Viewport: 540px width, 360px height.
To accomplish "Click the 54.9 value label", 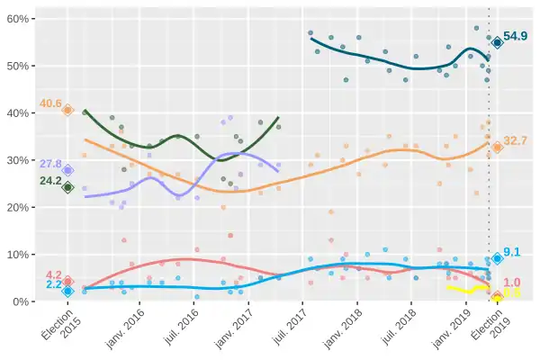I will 516,36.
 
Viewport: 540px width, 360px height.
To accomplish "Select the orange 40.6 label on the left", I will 50,103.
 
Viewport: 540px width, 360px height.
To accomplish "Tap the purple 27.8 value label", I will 50,165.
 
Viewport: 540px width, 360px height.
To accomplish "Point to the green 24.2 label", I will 50,181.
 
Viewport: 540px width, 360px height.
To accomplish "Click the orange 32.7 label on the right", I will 515,140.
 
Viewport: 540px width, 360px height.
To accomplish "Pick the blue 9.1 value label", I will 513,252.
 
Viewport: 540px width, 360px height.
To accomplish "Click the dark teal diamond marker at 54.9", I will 497,42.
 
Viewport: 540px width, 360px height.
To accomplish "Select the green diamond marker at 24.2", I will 67,187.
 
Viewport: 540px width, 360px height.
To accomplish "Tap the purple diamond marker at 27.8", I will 67,170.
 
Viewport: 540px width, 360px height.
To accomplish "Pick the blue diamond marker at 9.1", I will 497,258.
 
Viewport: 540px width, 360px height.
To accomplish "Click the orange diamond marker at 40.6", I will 67,110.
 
